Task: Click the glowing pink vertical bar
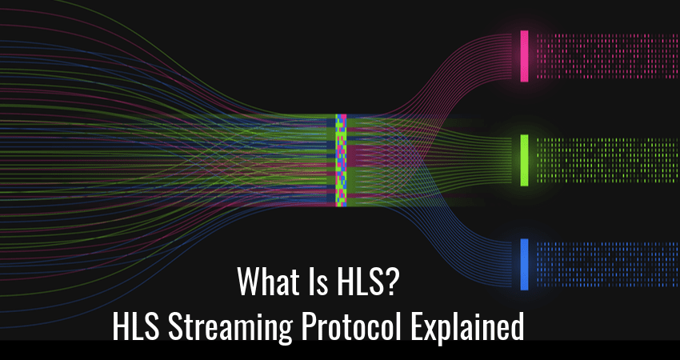(524, 56)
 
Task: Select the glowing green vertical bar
(524, 160)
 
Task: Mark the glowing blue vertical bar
(524, 264)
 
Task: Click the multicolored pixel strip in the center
(342, 160)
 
